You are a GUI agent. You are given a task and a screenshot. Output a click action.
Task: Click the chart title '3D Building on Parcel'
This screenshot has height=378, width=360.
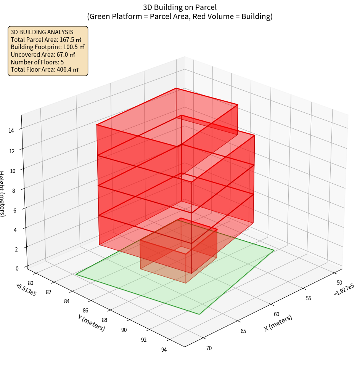(x=180, y=7)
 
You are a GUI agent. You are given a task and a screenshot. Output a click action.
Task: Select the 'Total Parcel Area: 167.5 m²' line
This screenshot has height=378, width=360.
(x=46, y=39)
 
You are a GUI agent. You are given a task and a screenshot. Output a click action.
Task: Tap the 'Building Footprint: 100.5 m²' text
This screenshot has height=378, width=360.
(x=48, y=47)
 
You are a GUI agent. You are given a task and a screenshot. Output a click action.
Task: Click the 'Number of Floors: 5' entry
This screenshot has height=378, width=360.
(x=37, y=62)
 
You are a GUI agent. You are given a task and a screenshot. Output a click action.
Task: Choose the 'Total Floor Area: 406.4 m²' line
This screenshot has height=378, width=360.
(x=45, y=69)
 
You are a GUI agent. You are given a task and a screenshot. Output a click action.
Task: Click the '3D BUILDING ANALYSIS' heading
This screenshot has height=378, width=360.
(x=42, y=32)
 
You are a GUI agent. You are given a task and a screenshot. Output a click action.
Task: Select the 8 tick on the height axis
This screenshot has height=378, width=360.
(x=14, y=190)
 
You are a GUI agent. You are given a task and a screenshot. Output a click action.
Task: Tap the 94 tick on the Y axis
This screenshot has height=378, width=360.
(x=164, y=350)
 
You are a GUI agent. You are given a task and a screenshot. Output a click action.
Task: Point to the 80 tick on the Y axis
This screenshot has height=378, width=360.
(x=31, y=283)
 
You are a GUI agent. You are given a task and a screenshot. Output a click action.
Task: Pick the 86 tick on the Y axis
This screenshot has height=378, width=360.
(x=85, y=311)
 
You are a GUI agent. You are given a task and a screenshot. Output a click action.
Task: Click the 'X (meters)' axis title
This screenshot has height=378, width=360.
(x=278, y=323)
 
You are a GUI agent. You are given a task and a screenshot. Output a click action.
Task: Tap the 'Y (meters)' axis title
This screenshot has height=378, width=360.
(x=91, y=322)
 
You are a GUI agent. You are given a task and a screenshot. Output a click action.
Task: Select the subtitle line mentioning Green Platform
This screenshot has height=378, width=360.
(x=180, y=16)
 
